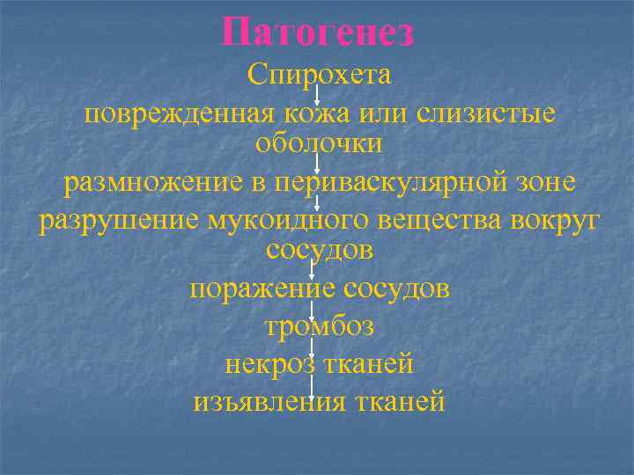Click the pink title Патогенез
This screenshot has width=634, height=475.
tap(318, 33)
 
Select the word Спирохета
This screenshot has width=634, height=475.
tap(319, 75)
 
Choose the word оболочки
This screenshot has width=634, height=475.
tap(319, 142)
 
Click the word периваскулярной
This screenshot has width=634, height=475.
tap(391, 183)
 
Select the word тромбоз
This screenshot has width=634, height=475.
tap(319, 327)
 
